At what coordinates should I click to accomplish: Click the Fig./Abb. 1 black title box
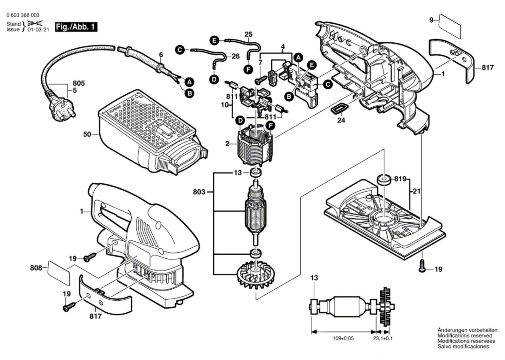76,27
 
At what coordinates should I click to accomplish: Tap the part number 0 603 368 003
23,15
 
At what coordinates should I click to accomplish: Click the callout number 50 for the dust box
87,134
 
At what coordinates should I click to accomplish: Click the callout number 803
199,192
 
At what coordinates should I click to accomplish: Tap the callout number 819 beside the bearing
400,179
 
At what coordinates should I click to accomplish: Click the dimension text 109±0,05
343,339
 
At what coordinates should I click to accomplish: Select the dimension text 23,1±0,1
383,339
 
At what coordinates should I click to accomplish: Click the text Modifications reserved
465,336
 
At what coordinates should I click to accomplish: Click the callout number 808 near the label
36,268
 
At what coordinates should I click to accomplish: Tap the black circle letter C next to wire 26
180,50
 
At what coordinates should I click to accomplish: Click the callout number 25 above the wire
248,34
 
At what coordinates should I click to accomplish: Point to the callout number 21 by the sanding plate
417,192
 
